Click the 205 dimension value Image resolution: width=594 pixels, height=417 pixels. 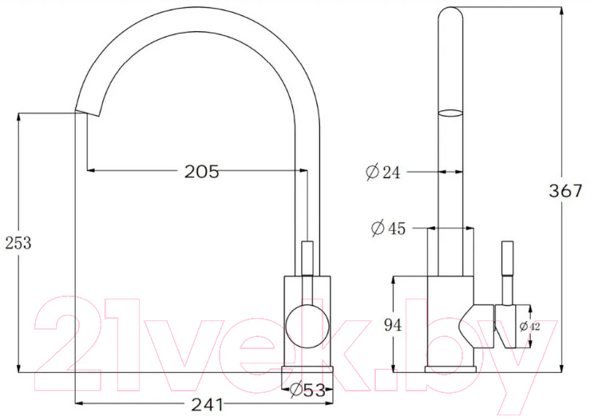coord(201,172)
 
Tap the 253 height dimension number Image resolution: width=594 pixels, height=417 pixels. coord(18,243)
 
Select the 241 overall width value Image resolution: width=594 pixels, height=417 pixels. coord(208,405)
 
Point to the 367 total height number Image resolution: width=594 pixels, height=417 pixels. coord(565,190)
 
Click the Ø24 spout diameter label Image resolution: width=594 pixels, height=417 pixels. coord(383,172)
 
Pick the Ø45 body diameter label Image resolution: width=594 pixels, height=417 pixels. coord(388,228)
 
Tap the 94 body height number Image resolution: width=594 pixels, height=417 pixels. coord(393,325)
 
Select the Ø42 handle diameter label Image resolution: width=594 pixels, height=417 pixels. coord(529,326)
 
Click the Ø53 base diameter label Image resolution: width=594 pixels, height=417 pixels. coord(307,390)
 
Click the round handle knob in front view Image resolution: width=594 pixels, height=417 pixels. coord(307,326)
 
